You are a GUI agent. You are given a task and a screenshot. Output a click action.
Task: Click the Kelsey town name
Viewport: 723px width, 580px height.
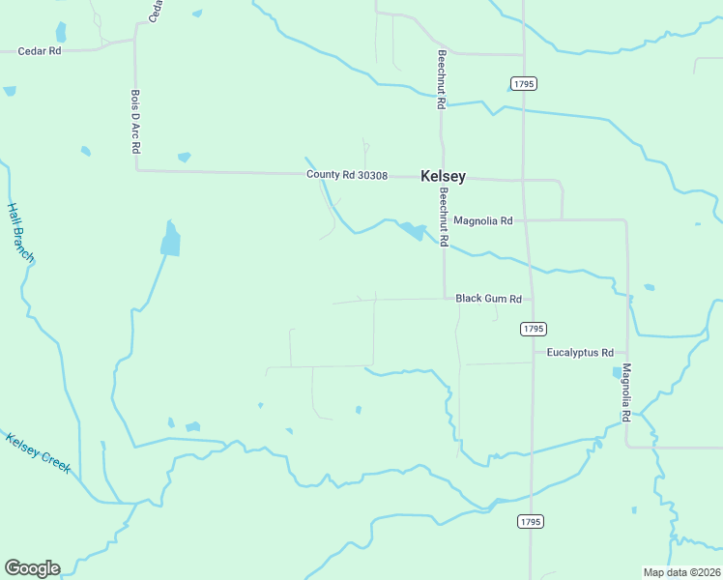coord(443,177)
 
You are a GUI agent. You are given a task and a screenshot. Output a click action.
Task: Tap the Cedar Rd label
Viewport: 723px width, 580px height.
coord(40,50)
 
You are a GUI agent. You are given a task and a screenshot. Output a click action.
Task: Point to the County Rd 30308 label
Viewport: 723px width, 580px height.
coord(347,175)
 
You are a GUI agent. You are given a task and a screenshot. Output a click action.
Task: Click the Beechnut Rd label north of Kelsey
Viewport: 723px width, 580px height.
coord(441,78)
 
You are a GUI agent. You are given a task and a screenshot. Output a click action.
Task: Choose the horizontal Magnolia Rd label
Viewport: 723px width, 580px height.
coord(482,220)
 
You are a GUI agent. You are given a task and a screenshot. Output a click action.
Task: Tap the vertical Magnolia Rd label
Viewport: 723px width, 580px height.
coord(626,391)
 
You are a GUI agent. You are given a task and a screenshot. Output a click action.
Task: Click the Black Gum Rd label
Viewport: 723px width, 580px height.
coord(488,300)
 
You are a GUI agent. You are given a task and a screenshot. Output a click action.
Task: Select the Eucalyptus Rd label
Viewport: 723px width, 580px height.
coord(580,353)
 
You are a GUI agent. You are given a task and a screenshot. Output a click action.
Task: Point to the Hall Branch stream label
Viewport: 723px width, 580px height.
coord(20,232)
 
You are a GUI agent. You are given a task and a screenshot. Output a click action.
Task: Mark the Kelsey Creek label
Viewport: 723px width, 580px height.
coord(39,452)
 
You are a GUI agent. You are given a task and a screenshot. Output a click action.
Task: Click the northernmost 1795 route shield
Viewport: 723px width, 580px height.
coord(523,84)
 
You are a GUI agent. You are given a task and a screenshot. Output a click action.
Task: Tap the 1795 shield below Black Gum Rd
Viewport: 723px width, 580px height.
coord(533,329)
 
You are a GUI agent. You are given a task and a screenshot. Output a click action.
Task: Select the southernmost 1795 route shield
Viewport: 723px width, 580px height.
coord(531,521)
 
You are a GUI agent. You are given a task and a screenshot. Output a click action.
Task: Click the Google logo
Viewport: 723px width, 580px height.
coord(32,568)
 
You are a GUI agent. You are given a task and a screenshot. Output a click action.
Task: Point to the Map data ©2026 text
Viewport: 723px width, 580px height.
coord(680,572)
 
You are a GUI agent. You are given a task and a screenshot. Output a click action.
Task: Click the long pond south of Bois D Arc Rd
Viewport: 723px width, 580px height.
coord(170,239)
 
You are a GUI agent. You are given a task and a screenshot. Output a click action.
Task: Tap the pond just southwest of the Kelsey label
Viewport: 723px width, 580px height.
coord(413,232)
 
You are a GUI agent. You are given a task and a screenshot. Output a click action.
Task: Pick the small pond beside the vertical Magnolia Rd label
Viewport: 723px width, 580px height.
coord(617,372)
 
